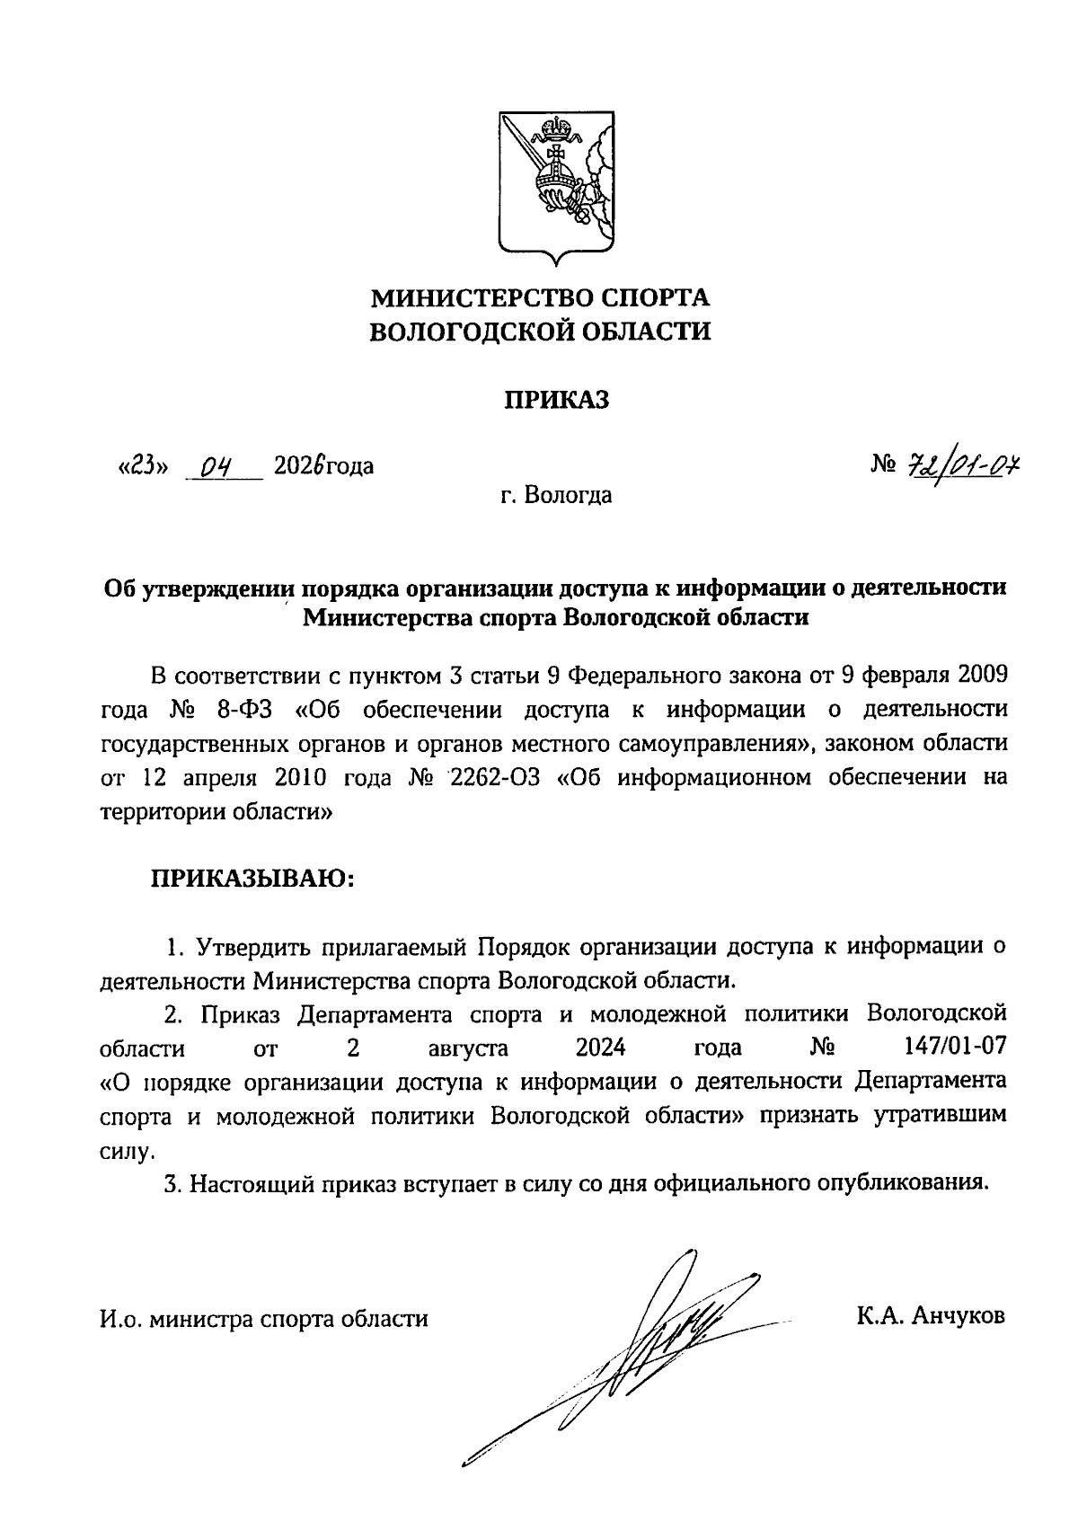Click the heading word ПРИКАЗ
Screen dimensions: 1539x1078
tap(554, 400)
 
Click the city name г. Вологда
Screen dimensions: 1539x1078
tap(557, 495)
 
